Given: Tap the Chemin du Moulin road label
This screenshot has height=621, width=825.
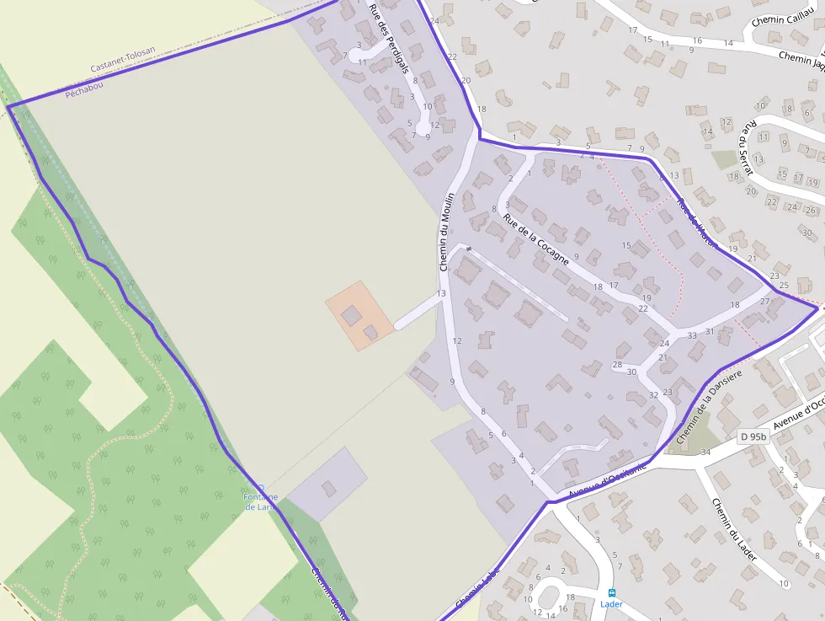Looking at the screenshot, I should pyautogui.click(x=446, y=231).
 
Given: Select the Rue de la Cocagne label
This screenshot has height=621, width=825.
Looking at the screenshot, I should pyautogui.click(x=536, y=239).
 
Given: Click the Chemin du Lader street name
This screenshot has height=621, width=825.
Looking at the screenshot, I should pyautogui.click(x=732, y=529).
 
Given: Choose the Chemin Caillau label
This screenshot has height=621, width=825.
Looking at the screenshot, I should pyautogui.click(x=780, y=19).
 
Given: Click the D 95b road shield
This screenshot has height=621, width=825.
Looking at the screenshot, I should pyautogui.click(x=753, y=436).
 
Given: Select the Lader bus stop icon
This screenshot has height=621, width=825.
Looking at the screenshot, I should pyautogui.click(x=612, y=592).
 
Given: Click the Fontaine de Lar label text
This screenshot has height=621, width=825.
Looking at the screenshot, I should pyautogui.click(x=261, y=502).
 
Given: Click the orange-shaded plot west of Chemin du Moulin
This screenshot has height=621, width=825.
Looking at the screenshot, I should pyautogui.click(x=359, y=315).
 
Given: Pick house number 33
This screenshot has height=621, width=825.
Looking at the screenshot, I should pyautogui.click(x=692, y=335).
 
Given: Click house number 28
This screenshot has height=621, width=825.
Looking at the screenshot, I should pyautogui.click(x=617, y=364).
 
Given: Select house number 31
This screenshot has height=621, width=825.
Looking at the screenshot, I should pyautogui.click(x=710, y=331).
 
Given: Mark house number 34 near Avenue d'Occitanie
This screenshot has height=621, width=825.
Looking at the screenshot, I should pyautogui.click(x=705, y=452).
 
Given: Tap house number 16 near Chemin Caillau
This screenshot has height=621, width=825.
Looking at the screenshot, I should pyautogui.click(x=697, y=40).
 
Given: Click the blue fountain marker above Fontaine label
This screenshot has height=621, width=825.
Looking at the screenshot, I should pyautogui.click(x=261, y=487).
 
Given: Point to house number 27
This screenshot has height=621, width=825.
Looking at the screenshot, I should pyautogui.click(x=765, y=301).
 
